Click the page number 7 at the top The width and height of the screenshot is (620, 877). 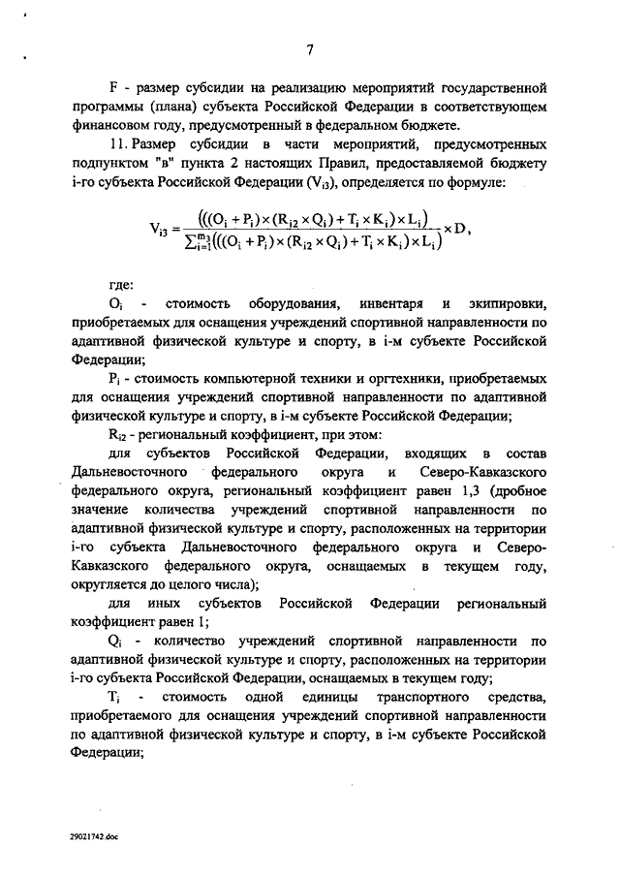(x=310, y=51)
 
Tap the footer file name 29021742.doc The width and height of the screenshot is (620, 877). (x=94, y=835)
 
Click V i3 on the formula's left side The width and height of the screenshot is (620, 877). (x=162, y=230)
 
